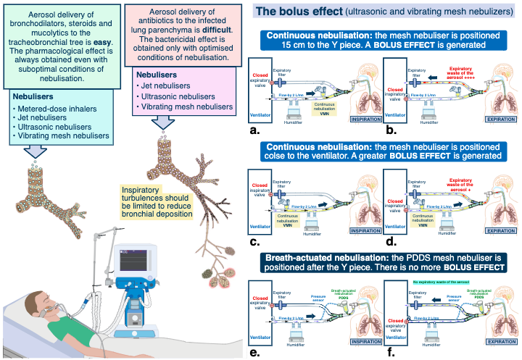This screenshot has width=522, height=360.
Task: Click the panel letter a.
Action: [254, 130]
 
